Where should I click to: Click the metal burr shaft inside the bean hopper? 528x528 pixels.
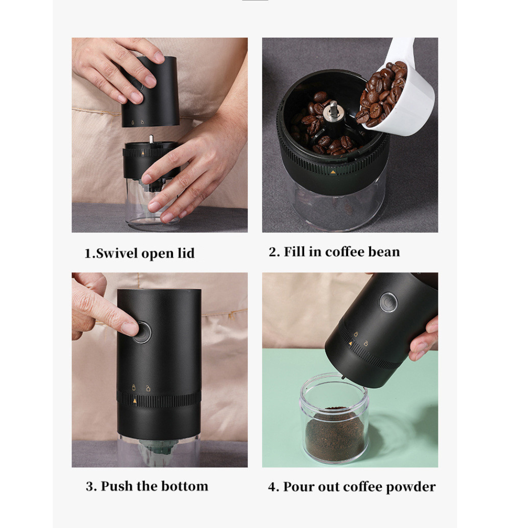tap(333, 110)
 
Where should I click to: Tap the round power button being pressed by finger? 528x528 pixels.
tap(142, 332)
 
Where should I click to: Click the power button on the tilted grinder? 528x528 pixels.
tap(388, 302)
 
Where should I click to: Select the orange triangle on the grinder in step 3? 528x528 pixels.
tap(134, 401)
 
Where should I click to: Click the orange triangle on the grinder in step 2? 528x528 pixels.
tap(333, 172)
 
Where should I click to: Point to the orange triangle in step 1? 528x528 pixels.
tap(143, 153)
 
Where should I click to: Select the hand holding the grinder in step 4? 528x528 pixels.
tap(424, 340)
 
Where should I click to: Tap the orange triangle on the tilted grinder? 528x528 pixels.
tap(350, 344)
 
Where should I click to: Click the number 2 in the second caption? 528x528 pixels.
tap(273, 252)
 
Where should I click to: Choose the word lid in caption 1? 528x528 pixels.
tap(185, 254)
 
